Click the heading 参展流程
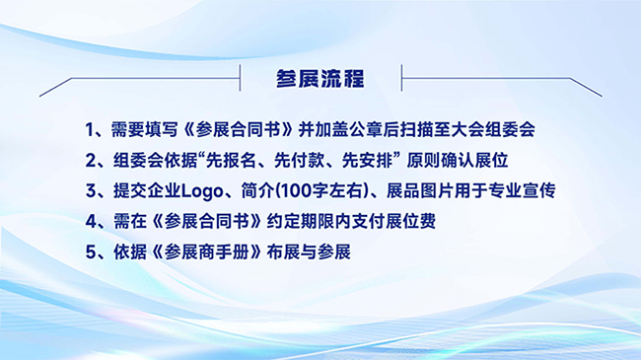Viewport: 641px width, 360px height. click(x=320, y=79)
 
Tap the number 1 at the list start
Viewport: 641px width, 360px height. click(x=90, y=130)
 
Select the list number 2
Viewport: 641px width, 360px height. click(x=91, y=161)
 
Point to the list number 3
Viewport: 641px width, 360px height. click(x=91, y=191)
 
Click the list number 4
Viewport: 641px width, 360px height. click(x=91, y=221)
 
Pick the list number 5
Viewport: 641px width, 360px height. click(x=91, y=252)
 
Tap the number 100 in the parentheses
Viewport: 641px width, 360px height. click(x=297, y=191)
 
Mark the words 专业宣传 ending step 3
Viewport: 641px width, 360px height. click(x=522, y=191)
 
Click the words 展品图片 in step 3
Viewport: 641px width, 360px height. click(x=420, y=191)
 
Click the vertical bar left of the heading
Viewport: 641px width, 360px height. click(x=240, y=78)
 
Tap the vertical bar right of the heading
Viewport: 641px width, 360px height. click(x=401, y=78)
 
